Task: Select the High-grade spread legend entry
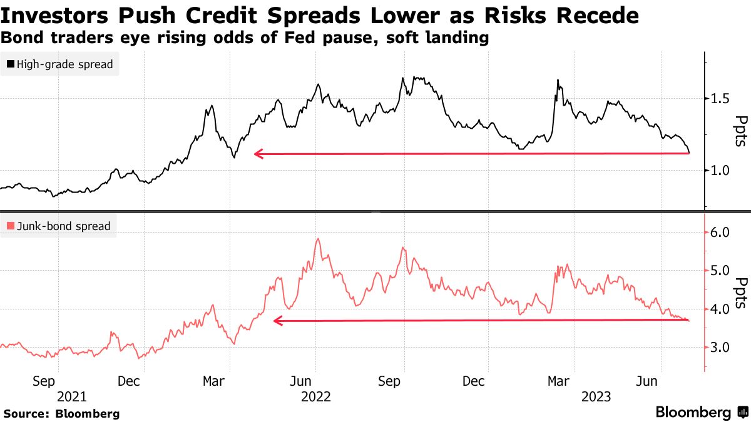[60, 64]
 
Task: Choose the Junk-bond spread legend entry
[59, 226]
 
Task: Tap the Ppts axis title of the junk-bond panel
[741, 293]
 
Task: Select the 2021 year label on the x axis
[71, 396]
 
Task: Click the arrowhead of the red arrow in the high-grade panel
[257, 154]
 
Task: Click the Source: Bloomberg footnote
[61, 414]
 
